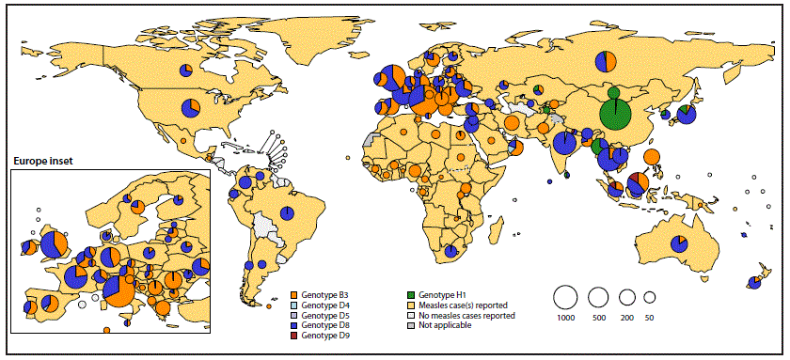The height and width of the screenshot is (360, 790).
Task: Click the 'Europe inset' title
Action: click(x=43, y=162)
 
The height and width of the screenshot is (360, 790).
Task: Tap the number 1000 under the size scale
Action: click(x=565, y=319)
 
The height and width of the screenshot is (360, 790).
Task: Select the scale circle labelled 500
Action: click(x=598, y=297)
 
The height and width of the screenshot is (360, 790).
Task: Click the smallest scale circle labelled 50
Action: click(x=649, y=297)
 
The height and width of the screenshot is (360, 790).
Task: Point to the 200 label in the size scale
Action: click(x=626, y=319)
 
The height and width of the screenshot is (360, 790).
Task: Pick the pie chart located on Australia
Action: click(x=678, y=244)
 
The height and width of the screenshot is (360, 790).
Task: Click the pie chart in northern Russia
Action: click(x=607, y=62)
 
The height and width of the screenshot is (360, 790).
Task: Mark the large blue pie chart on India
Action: click(x=565, y=143)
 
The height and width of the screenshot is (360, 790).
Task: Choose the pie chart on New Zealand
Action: click(x=753, y=281)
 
